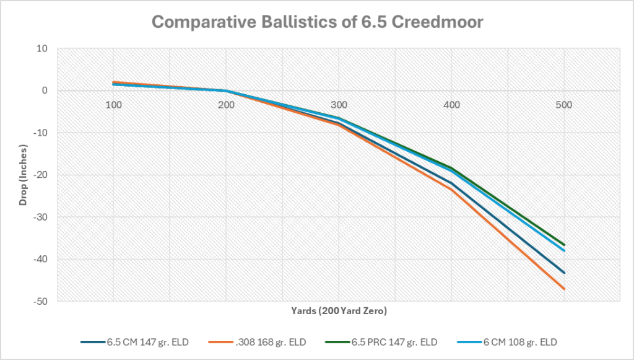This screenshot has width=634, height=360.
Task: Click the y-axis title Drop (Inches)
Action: click(x=23, y=174)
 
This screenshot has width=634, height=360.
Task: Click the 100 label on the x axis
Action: click(x=113, y=105)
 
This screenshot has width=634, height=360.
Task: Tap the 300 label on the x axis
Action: click(x=339, y=105)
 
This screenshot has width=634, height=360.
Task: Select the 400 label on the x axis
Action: click(x=451, y=105)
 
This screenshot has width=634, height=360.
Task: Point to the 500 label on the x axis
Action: click(x=563, y=105)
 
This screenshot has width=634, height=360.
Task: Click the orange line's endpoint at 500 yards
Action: click(x=564, y=289)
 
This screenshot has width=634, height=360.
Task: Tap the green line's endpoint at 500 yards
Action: click(x=564, y=245)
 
